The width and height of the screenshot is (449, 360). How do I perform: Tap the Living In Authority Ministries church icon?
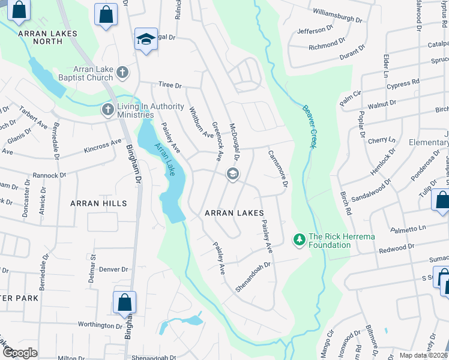point(108,110)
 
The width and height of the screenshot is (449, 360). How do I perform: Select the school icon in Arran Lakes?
point(233,175)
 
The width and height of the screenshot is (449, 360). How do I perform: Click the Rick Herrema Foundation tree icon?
point(299,240)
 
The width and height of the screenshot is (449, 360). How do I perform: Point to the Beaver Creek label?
point(310,125)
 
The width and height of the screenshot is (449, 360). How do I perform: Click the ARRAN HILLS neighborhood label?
point(98,203)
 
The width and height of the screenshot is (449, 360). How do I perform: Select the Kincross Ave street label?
point(103,146)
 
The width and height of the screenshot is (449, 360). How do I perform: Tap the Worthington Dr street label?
point(100,325)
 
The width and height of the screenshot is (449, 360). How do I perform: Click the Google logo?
point(20,353)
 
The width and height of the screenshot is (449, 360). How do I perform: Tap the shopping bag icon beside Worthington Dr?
point(124,302)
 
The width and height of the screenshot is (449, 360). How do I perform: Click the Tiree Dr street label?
point(169,85)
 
